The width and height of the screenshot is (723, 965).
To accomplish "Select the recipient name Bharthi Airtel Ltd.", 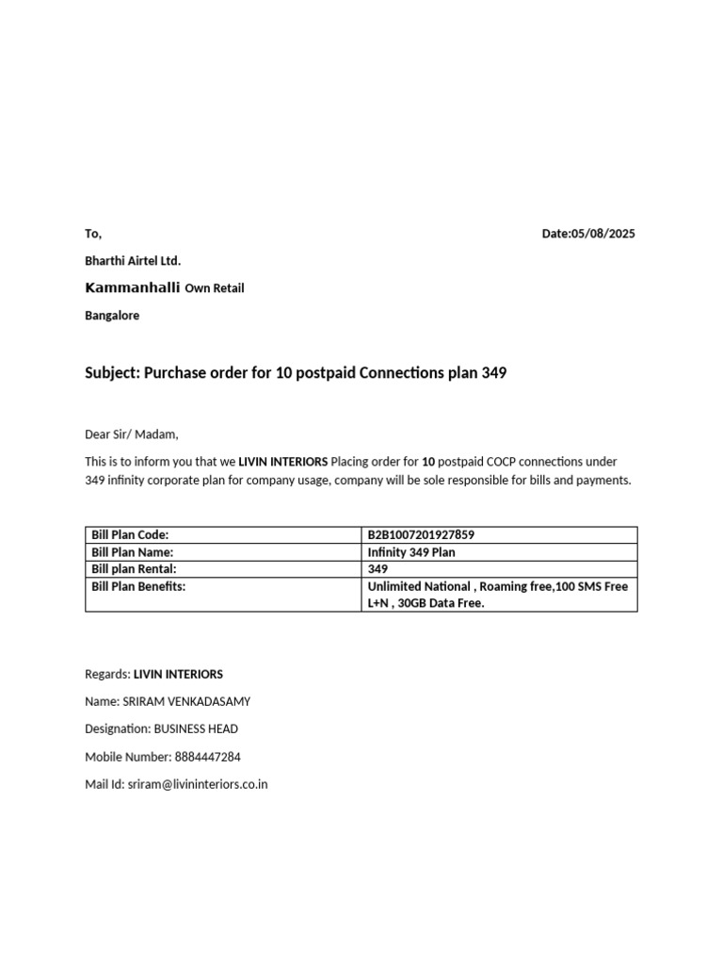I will click(133, 260).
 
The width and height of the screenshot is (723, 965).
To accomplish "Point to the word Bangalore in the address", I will click(112, 316).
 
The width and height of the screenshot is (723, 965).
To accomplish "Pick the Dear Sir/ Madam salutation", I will click(131, 434).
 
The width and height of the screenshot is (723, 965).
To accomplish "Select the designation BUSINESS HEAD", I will click(196, 728).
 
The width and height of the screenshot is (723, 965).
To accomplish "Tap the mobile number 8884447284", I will click(207, 757).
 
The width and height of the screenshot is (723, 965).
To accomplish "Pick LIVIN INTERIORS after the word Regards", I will click(178, 674).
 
